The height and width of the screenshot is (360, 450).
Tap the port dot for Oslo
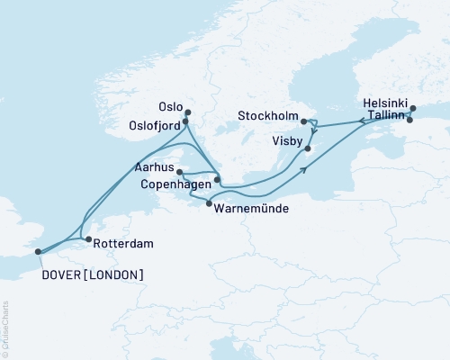click(188, 112)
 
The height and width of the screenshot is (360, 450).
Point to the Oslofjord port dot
click(185, 122)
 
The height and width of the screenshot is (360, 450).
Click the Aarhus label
click(154, 167)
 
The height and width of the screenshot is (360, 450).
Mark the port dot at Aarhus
click(179, 171)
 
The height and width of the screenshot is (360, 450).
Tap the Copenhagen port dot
click(217, 179)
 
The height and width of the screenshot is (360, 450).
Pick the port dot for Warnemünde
click(209, 205)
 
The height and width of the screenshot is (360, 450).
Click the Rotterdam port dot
click(87, 239)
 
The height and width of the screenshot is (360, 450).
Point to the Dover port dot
click(39, 253)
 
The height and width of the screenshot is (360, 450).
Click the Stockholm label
click(269, 117)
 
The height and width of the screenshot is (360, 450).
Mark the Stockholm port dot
click(303, 121)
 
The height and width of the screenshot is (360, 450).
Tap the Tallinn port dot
click(409, 120)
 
